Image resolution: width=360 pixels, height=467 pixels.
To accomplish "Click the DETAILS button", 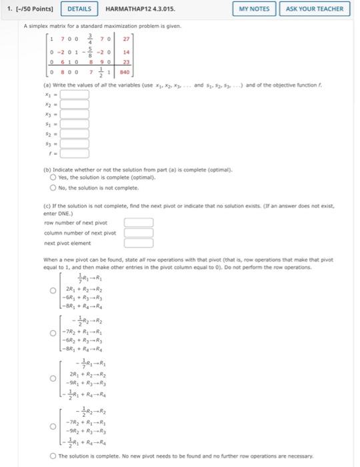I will point(80,9).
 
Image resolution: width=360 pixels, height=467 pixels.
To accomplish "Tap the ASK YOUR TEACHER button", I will point(315,9).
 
